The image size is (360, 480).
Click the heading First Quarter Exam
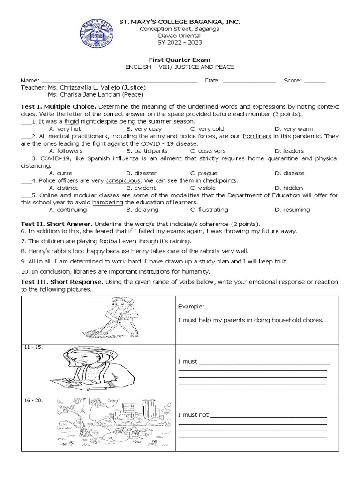(x=180, y=60)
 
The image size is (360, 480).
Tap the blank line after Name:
(x=120, y=81)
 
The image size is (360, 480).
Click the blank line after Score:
(x=315, y=81)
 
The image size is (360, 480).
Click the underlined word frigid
(x=72, y=121)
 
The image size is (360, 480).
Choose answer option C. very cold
(x=207, y=129)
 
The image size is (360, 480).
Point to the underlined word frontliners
(x=257, y=136)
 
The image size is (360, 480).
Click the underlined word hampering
(x=108, y=202)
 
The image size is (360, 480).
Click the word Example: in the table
(x=191, y=306)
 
